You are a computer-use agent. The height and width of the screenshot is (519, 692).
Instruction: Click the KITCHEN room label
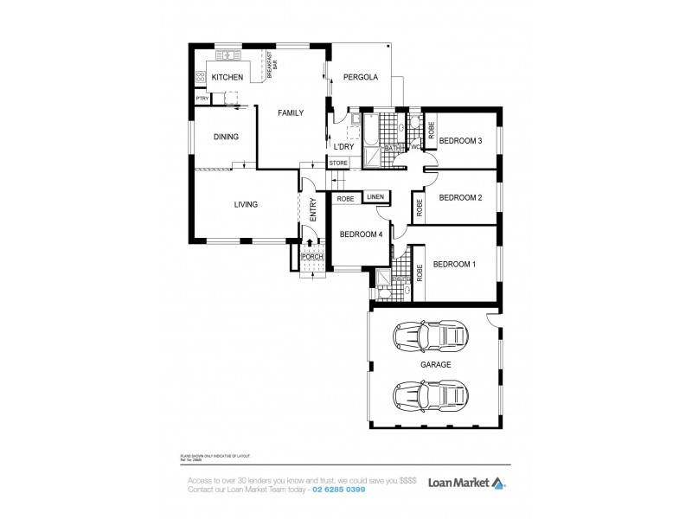point(227,77)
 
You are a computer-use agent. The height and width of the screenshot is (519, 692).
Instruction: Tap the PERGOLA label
point(361,77)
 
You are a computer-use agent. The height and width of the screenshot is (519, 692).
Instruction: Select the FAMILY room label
point(291,112)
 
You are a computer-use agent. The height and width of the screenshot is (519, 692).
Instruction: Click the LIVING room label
point(246,204)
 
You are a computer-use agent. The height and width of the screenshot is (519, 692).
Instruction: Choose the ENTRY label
point(312,210)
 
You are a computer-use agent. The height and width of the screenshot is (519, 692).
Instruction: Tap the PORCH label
point(311,257)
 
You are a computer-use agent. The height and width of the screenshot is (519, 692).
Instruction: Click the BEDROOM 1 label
point(455,264)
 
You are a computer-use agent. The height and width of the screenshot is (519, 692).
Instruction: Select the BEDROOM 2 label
point(460,197)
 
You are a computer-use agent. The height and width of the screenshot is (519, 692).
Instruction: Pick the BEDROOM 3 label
point(460,140)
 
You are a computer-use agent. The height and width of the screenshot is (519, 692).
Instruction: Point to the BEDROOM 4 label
point(361,234)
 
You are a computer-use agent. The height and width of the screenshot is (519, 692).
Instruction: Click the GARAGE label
point(436,365)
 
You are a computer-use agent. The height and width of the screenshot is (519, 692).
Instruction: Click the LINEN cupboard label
point(375,197)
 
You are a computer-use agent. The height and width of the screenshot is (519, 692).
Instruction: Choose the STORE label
point(338,162)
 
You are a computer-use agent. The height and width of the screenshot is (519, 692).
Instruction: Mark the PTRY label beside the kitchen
point(202,99)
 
